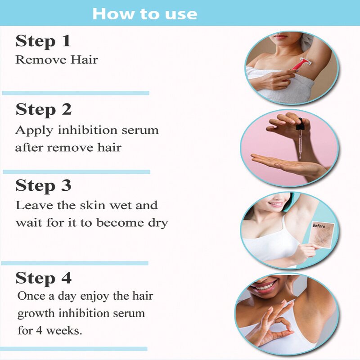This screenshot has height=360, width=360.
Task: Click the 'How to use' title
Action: coord(144,13)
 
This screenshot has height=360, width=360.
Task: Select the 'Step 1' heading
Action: coord(43,41)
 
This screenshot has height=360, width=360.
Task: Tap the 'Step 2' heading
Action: coord(44,110)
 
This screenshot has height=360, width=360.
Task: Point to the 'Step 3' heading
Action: coord(44,185)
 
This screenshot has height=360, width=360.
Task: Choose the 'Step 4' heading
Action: coord(44,278)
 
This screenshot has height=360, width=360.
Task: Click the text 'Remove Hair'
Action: coord(57,60)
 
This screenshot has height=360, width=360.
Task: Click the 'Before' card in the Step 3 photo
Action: coord(322,234)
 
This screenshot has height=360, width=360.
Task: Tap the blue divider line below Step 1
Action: coord(76,93)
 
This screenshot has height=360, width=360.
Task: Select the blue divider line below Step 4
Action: coord(74,349)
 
